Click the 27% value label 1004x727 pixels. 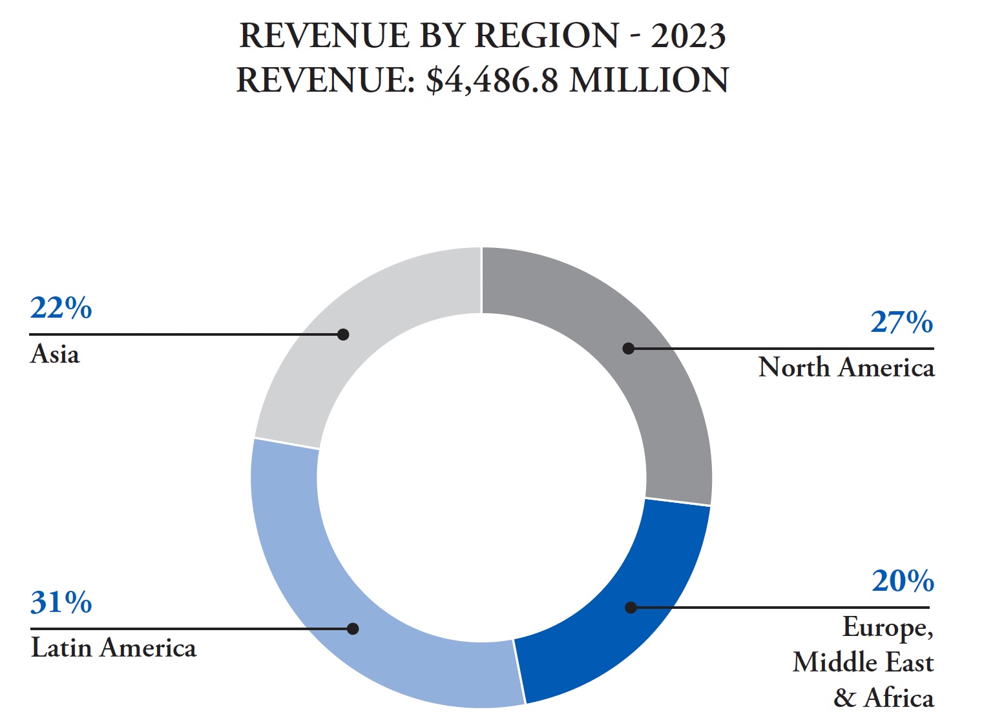[901, 322]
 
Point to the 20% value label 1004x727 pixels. [902, 581]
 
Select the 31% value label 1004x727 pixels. [61, 602]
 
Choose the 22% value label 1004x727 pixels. [61, 308]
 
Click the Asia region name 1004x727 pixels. [55, 354]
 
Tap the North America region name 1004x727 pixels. [846, 367]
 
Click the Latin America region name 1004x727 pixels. [114, 648]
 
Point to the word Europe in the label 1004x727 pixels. [886, 628]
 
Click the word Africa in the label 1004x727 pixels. [899, 699]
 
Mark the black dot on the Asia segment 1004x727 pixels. [343, 334]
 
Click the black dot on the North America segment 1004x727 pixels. [628, 349]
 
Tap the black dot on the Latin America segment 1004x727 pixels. [353, 629]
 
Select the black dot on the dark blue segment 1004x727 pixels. [631, 608]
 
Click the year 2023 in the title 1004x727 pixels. [688, 36]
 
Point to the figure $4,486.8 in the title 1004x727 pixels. [492, 81]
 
